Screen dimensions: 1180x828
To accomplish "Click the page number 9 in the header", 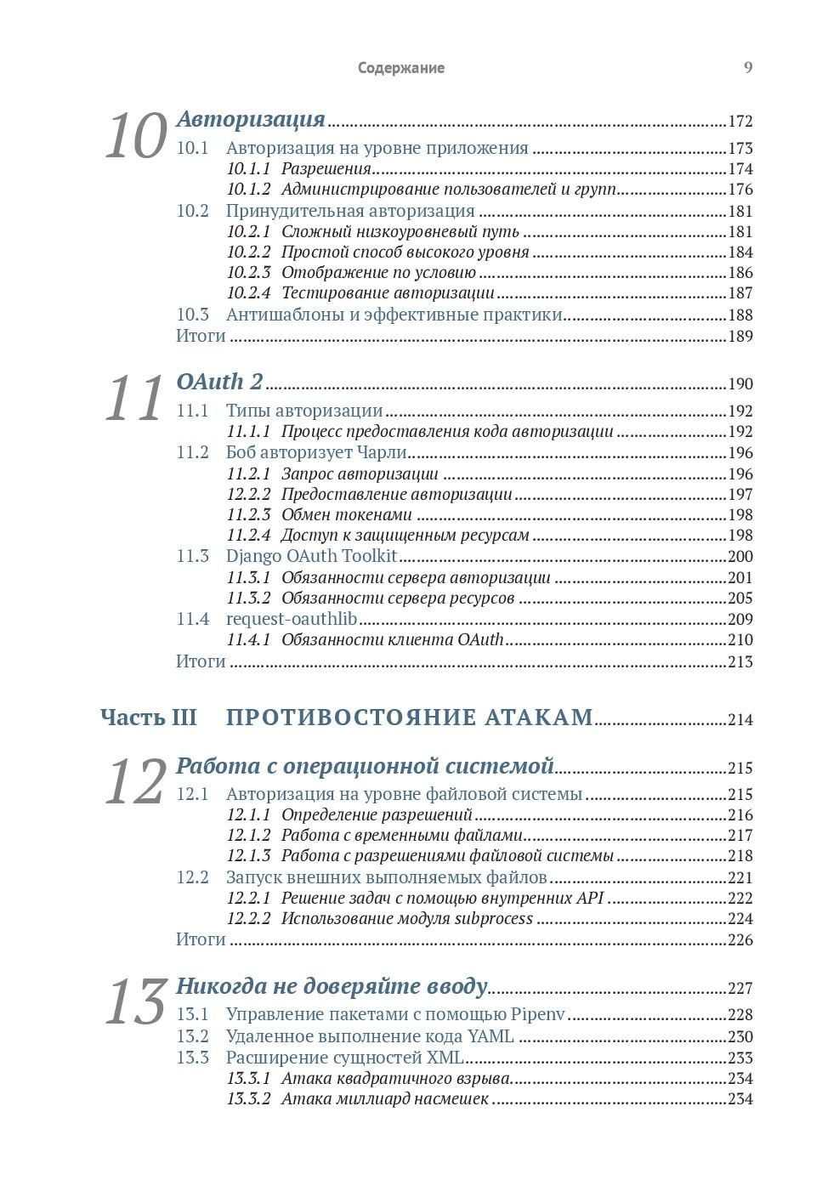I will [x=748, y=68].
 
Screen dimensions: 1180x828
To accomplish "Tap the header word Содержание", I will [x=401, y=68].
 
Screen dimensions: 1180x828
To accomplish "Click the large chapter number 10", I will [x=135, y=137].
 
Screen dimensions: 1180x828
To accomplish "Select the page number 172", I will [x=740, y=122].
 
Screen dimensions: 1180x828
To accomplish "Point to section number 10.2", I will [x=192, y=211].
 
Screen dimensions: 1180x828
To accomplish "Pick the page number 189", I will [x=740, y=336].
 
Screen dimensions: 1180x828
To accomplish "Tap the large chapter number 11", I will [x=133, y=399].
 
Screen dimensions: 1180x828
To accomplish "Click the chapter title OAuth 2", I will [x=219, y=382].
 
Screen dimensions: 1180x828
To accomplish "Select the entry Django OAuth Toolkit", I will [x=311, y=556].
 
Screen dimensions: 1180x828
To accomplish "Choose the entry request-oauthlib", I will [x=292, y=619].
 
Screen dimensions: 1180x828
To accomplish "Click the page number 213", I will [x=740, y=661].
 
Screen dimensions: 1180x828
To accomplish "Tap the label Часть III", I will [x=149, y=718].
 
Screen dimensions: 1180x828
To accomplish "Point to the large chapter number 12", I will [x=135, y=782].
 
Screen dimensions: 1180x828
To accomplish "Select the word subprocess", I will [x=494, y=918].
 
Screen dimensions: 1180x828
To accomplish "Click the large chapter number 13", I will [x=135, y=1002].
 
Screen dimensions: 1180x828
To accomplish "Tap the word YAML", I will [x=491, y=1036].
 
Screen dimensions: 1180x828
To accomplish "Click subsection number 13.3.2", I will [x=248, y=1099].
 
